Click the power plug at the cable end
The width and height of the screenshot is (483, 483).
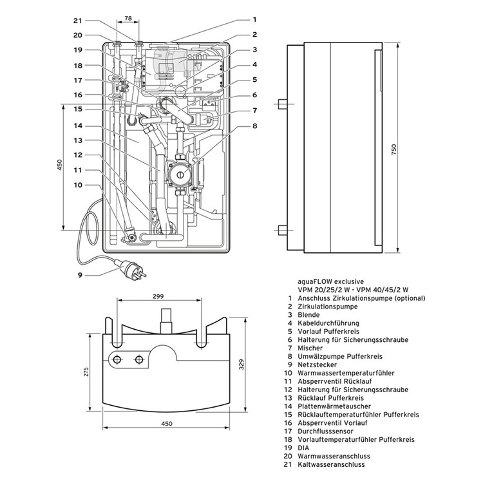tap(128, 265)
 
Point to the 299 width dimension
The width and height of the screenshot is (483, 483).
tap(158, 296)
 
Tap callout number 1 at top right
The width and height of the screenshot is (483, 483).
tap(254, 20)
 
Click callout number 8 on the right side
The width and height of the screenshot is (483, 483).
tap(254, 126)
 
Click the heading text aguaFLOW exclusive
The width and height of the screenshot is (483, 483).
tap(330, 281)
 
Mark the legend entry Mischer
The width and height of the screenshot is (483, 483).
tap(311, 348)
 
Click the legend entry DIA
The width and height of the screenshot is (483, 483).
tap(305, 448)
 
